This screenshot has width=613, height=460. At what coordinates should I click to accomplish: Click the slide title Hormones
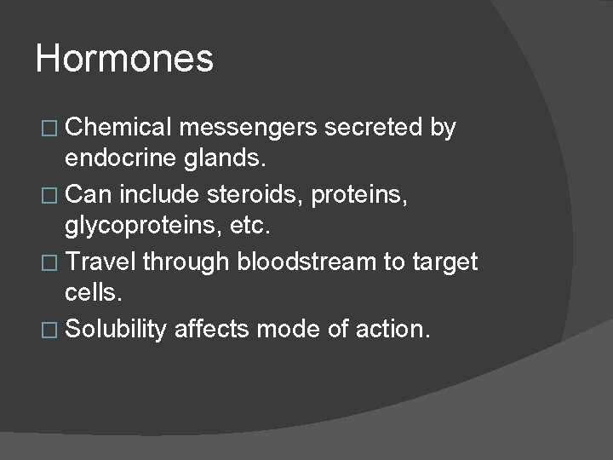coord(124,60)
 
